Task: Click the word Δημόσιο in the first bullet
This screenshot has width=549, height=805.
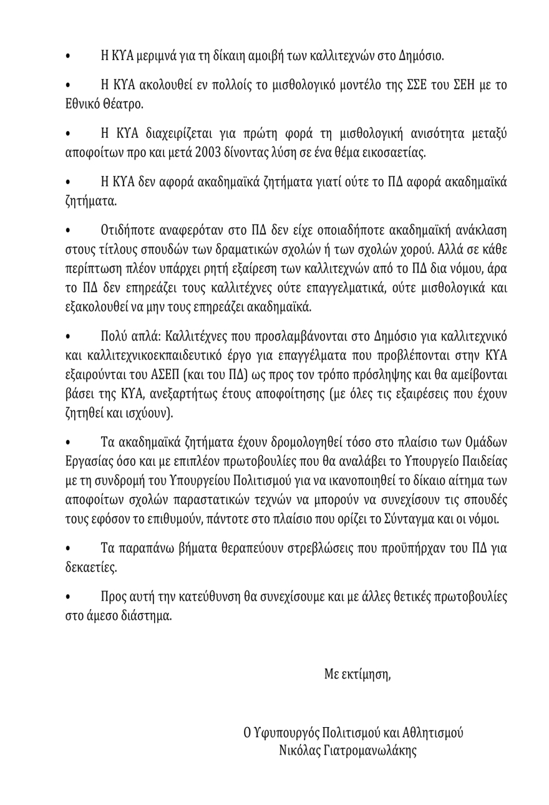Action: pos(419,55)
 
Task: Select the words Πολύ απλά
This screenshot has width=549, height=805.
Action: pos(132,337)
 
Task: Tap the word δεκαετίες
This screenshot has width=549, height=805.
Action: pos(91,567)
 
